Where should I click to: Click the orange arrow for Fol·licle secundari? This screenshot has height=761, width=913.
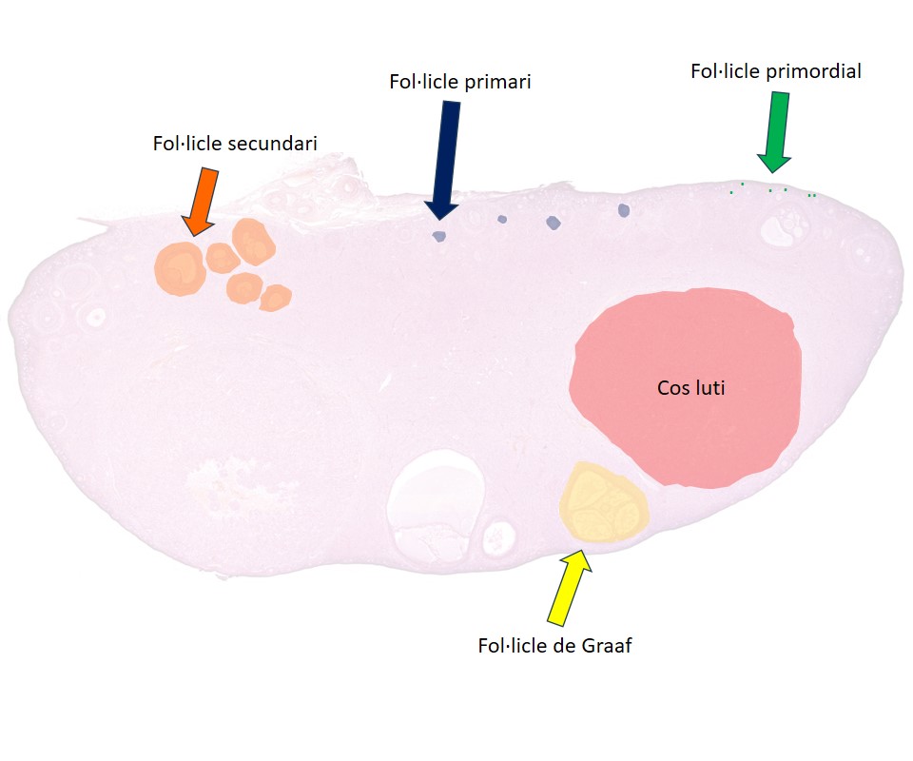pos(201,202)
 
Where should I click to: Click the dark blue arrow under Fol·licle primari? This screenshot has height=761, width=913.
pos(444,160)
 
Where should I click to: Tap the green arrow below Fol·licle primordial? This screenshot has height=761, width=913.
pos(775,132)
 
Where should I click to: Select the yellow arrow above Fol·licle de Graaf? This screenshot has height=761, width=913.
pos(570,587)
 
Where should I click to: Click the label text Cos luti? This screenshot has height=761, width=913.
pos(691,388)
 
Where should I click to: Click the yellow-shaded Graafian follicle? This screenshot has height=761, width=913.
pos(604,502)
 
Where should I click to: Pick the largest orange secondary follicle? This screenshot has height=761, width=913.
pos(180,269)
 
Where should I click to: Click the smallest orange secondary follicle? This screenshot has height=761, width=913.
pos(275,298)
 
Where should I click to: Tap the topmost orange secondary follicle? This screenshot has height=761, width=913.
pos(253,243)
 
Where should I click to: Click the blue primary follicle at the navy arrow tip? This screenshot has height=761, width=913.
pos(439,236)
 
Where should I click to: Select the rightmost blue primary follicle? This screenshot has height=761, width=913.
pos(624,210)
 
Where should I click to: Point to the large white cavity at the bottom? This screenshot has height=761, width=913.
pos(436,504)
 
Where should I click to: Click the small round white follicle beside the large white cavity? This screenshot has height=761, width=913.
pos(499,537)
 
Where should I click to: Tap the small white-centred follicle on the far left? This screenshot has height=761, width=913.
pos(95,317)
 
